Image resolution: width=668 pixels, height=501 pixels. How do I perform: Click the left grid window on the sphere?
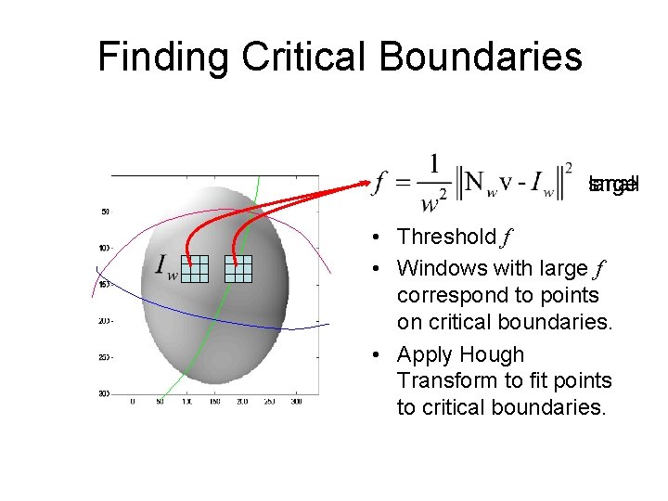(x=195, y=267)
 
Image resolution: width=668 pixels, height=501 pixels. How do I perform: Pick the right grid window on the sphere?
(x=238, y=267)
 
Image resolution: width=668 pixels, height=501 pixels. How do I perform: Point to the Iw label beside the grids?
(x=167, y=268)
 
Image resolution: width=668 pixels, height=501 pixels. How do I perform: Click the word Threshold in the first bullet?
(x=446, y=238)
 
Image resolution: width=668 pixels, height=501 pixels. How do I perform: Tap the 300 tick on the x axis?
(x=296, y=402)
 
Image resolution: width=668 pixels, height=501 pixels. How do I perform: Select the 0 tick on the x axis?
(x=133, y=402)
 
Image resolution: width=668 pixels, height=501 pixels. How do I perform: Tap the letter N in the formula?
(x=474, y=182)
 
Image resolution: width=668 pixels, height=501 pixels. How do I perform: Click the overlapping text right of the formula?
(x=613, y=184)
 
